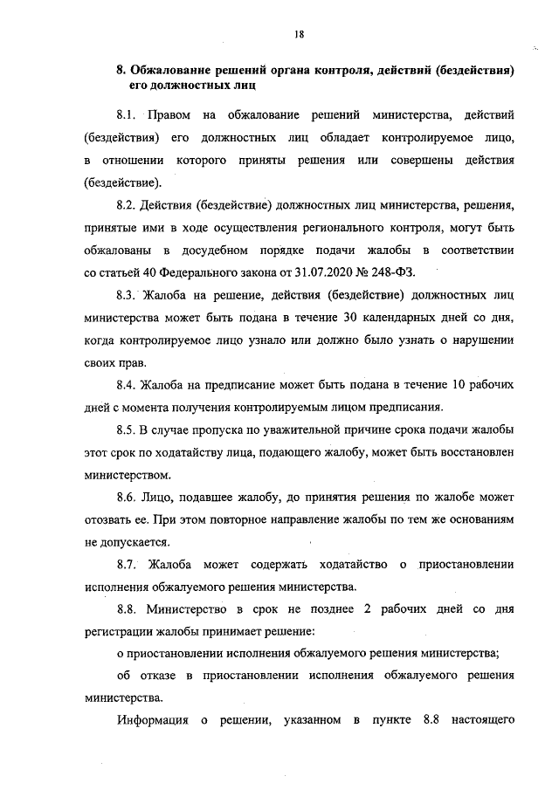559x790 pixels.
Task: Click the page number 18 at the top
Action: [299, 35]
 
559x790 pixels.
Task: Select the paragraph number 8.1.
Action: [128, 115]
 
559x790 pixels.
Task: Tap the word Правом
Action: [169, 115]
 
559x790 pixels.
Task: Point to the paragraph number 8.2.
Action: [128, 206]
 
